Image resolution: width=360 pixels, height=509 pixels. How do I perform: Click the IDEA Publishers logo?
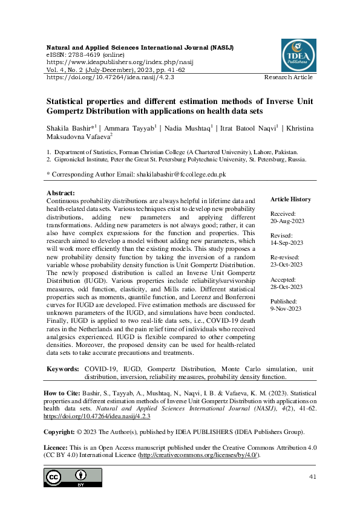pos(298,56)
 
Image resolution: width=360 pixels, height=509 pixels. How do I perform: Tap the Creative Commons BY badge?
pos(73,477)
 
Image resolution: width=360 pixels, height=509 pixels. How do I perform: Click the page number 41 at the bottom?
pos(313,477)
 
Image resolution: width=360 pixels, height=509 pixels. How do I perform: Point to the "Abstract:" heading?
pos(61,193)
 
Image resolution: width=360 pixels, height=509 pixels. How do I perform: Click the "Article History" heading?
pos(290,199)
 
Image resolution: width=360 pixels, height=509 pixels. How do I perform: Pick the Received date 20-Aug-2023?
pos(286,221)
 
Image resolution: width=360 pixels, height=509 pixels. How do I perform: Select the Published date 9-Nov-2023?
pos(286,308)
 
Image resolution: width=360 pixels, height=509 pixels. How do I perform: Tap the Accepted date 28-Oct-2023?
pos(286,287)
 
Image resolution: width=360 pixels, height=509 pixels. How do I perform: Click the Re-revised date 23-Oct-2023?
pos(286,265)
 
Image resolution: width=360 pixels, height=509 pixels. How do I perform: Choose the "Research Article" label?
pos(288,77)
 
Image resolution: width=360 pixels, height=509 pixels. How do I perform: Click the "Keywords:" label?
pos(63,368)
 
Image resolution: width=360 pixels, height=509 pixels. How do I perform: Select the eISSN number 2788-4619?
pos(82,54)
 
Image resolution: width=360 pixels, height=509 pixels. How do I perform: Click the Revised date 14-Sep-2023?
pos(286,243)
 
